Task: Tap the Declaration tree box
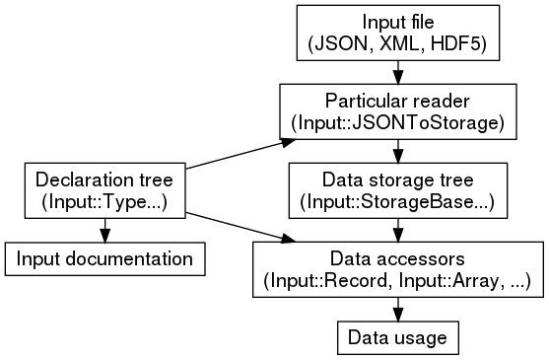tap(103, 191)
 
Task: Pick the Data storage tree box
tap(397, 191)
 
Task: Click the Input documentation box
tap(103, 259)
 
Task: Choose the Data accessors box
tap(397, 270)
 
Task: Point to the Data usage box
tap(397, 338)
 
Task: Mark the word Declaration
tap(78, 180)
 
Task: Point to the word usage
tap(421, 338)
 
